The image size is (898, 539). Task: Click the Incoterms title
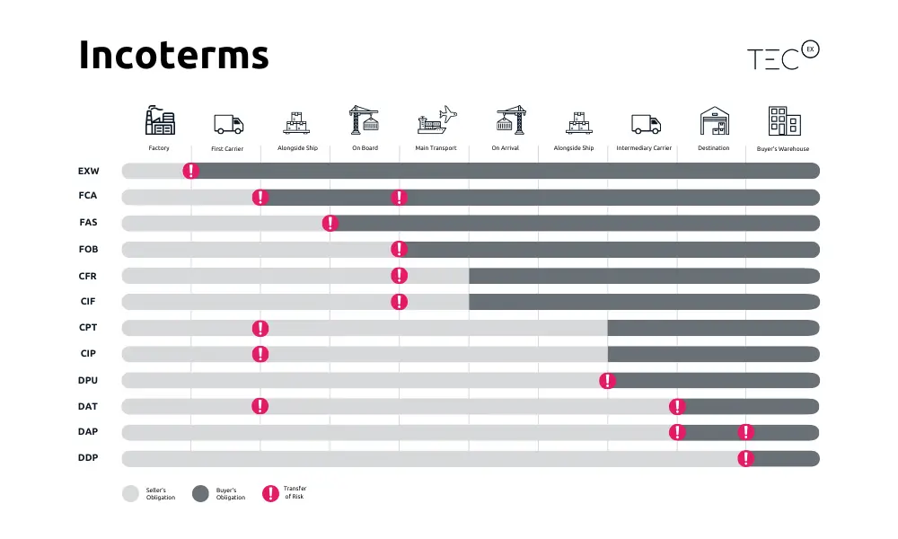(x=173, y=56)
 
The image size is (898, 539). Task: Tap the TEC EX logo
(x=783, y=56)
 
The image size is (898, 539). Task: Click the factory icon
(x=160, y=120)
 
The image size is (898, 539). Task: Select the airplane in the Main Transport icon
(x=446, y=113)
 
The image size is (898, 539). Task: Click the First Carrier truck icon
(x=228, y=124)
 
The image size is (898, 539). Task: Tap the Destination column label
(x=713, y=148)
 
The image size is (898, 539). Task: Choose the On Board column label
(x=364, y=148)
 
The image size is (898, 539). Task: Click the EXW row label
(x=89, y=171)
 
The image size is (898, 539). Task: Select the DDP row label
(x=89, y=458)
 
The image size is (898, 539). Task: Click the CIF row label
(x=89, y=301)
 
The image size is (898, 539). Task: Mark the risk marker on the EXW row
(x=190, y=171)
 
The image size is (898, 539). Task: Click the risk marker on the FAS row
(x=330, y=223)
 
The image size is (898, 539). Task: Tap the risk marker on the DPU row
(x=608, y=380)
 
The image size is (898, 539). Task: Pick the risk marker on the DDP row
(x=746, y=458)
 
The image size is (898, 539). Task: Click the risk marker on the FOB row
(x=400, y=249)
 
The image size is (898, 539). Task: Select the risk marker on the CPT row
(x=260, y=327)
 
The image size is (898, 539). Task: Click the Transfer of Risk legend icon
(x=269, y=493)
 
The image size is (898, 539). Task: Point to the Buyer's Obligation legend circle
(x=200, y=493)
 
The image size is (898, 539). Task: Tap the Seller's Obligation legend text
(x=162, y=493)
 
